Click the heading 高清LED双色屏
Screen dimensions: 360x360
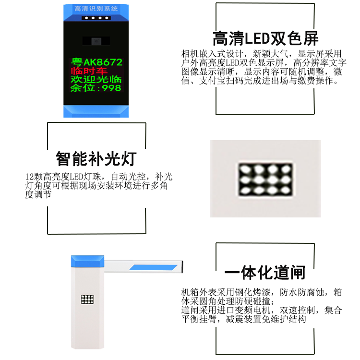tap(265, 38)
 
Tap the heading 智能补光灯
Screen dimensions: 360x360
tap(96, 158)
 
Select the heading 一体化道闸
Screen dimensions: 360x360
tap(264, 272)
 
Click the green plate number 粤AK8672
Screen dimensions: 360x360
tap(96, 62)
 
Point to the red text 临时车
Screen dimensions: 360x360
tap(89, 71)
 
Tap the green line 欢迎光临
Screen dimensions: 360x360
tap(96, 79)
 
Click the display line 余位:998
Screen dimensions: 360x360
tap(96, 88)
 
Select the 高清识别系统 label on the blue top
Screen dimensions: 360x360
tap(96, 9)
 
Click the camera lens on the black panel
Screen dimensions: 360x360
tap(96, 41)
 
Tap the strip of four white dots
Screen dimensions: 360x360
tap(96, 18)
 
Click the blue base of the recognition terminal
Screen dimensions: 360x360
tap(96, 111)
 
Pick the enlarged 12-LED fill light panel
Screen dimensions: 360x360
tap(265, 180)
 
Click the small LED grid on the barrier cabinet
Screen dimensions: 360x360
tap(87, 299)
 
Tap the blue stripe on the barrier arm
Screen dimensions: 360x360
tap(154, 267)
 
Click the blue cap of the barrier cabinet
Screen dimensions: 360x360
tap(87, 261)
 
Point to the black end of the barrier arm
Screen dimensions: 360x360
tap(182, 267)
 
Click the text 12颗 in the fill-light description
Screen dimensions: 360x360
tap(34, 177)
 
